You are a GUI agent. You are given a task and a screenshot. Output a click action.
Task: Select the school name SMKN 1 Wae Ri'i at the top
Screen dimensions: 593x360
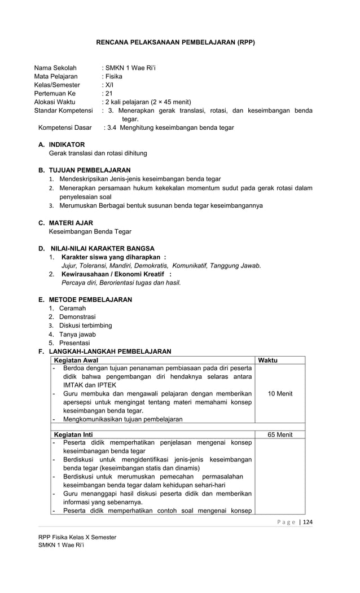[x=130, y=68]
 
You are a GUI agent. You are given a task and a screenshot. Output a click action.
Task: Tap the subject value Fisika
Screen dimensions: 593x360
[x=113, y=76]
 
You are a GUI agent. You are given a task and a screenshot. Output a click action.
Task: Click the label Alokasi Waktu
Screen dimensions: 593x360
[x=55, y=102]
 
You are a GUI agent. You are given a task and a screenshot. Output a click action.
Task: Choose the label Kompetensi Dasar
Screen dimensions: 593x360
[x=65, y=128]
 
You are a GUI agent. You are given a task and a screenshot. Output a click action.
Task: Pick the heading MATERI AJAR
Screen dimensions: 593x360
[x=71, y=223]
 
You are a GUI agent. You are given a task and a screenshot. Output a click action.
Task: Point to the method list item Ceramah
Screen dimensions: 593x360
[x=73, y=308]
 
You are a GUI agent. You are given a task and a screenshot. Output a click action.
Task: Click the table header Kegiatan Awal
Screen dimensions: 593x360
[x=76, y=360]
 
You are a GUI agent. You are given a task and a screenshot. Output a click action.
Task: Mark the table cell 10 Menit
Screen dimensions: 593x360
[x=280, y=393]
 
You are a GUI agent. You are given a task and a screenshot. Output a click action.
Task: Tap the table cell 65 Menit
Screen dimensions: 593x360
[x=280, y=435]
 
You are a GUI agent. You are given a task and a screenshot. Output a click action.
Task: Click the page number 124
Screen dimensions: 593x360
[x=308, y=522]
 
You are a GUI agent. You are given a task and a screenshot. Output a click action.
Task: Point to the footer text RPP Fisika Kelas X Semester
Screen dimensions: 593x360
[x=77, y=537]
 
